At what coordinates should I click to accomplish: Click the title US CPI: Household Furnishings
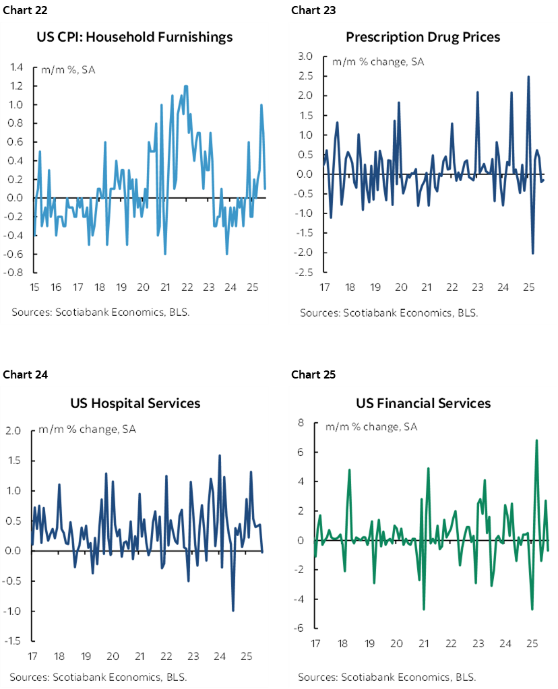pyautogui.click(x=135, y=36)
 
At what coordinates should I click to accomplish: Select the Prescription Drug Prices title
pyautogui.click(x=423, y=36)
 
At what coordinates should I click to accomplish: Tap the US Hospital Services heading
pyautogui.click(x=135, y=403)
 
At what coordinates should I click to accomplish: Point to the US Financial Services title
pyautogui.click(x=423, y=403)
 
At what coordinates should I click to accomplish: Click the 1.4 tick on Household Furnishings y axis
pyautogui.click(x=16, y=67)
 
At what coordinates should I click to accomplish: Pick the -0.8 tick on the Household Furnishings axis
pyautogui.click(x=15, y=273)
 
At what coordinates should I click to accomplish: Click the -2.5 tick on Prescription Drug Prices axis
pyautogui.click(x=304, y=273)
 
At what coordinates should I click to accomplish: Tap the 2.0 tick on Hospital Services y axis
pyautogui.click(x=15, y=430)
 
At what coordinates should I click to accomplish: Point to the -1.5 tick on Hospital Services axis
pyautogui.click(x=14, y=641)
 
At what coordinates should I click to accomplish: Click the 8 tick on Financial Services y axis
pyautogui.click(x=303, y=423)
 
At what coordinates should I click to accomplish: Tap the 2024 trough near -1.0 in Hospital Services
pyautogui.click(x=233, y=610)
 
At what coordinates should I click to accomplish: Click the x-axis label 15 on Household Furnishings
pyautogui.click(x=34, y=288)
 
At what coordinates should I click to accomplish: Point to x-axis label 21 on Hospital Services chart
pyautogui.click(x=139, y=655)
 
